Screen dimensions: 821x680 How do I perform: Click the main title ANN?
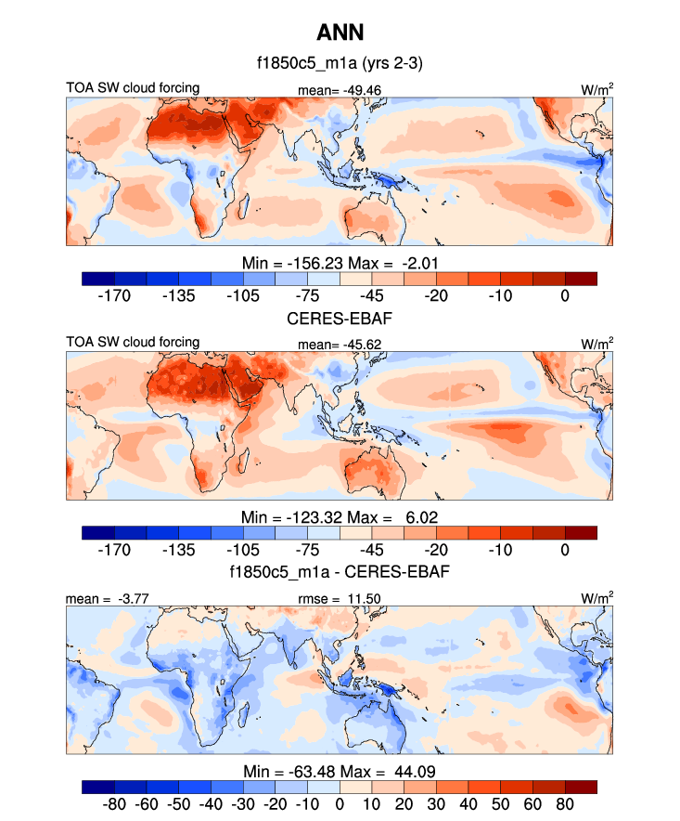coord(340,33)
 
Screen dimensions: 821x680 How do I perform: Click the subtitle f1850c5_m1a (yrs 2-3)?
coord(340,64)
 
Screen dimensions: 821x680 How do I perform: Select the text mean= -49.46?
coord(340,90)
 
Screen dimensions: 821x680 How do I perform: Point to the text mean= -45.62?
coord(340,344)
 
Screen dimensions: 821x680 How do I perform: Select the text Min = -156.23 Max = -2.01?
coord(340,263)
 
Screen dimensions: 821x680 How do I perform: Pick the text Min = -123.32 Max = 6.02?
coord(340,516)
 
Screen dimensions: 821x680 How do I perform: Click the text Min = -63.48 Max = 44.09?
coord(340,770)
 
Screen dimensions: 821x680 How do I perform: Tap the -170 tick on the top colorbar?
coord(114,296)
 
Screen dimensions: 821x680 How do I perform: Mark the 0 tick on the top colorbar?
coord(565,296)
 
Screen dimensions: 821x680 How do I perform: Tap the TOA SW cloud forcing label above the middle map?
coord(133,342)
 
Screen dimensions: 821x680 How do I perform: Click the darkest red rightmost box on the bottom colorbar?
coord(581,786)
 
